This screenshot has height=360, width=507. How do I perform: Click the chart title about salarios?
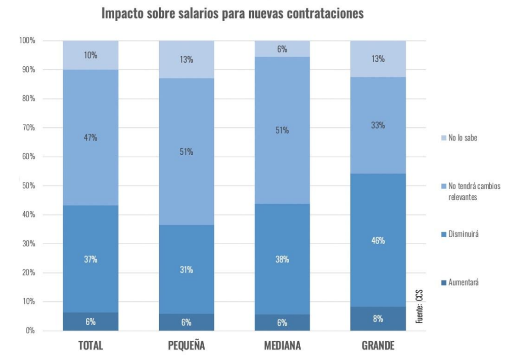coord(233,14)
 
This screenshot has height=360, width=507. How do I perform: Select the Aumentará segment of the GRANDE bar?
coord(378,319)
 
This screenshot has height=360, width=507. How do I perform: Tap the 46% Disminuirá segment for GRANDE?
coord(378,240)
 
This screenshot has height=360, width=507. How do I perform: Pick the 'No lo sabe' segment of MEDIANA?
coord(282,49)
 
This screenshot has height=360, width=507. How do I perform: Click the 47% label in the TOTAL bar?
coord(90,138)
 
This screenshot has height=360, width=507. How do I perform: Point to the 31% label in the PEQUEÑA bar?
coord(186,269)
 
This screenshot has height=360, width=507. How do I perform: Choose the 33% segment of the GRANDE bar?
coord(378,125)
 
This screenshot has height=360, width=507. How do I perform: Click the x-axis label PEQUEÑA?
coord(186,346)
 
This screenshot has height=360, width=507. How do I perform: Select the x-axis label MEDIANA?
coord(282,346)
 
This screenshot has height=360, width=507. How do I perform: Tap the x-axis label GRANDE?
coord(378,346)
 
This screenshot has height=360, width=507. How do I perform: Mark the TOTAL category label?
coord(90,346)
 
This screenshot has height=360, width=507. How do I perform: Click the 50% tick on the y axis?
coord(27,186)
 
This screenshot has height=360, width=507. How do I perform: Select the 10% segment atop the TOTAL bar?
coord(90,56)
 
